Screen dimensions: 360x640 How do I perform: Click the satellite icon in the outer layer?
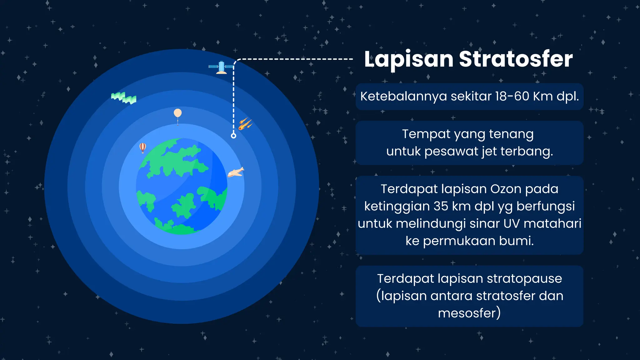pos(221,67)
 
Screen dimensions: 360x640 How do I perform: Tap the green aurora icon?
pos(124,98)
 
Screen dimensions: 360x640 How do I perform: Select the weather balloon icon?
pos(177,114)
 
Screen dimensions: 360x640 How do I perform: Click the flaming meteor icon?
pos(245,124)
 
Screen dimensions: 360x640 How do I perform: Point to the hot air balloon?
pos(142,147)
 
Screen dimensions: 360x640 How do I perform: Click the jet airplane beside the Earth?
pos(236,172)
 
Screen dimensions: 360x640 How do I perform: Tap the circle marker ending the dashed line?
pos(233,136)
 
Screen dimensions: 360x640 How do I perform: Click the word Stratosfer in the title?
pos(516,59)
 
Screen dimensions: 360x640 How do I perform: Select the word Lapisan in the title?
pos(409,59)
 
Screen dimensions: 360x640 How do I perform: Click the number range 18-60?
pos(512,96)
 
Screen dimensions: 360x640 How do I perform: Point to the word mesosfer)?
pos(469,313)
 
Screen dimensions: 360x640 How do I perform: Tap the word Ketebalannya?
pos(403,96)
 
